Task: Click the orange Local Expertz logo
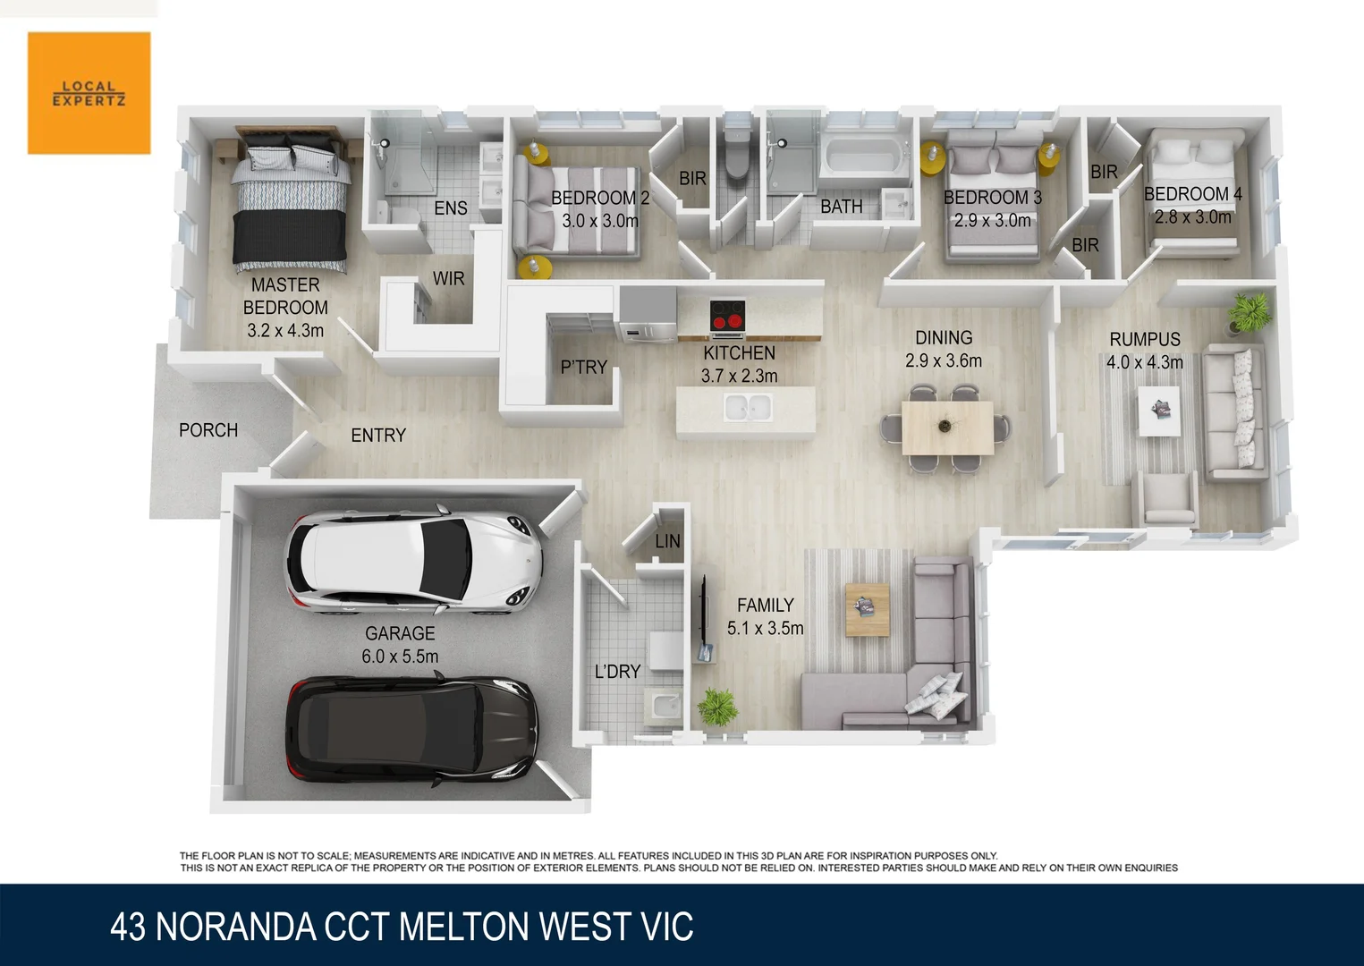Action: [89, 93]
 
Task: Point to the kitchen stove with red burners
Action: [727, 316]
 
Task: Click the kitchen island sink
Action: [748, 410]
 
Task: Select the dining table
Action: [946, 428]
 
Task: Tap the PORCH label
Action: [208, 430]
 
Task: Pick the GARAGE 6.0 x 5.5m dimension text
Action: [400, 657]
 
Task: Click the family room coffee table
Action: [867, 609]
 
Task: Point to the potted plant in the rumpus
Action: [1248, 312]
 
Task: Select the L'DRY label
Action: [617, 672]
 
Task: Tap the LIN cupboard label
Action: [667, 541]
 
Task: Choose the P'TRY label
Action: [583, 368]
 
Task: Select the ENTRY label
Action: [377, 436]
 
